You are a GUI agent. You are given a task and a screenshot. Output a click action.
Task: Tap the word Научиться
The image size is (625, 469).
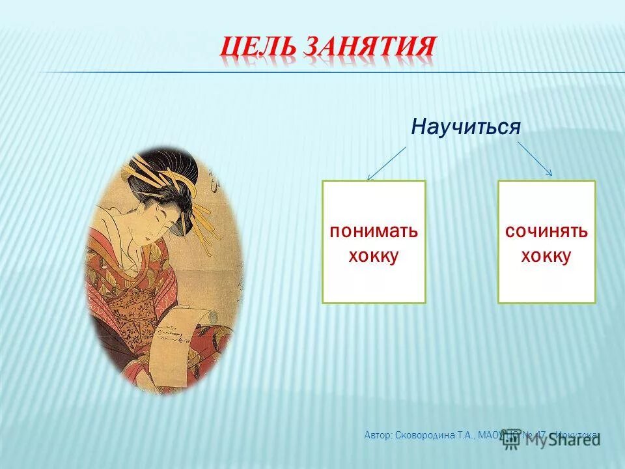point(465,127)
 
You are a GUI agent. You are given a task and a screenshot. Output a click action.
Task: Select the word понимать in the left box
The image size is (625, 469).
point(374,232)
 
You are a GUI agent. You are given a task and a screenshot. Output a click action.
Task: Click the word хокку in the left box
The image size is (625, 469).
point(374,256)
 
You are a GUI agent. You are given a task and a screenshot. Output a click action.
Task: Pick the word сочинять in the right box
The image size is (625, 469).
point(546,232)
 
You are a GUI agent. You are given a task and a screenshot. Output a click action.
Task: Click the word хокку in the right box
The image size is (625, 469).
point(546,256)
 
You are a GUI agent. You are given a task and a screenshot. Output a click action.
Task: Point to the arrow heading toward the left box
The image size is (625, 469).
point(386,162)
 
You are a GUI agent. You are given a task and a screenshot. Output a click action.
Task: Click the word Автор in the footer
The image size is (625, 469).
point(378,434)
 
